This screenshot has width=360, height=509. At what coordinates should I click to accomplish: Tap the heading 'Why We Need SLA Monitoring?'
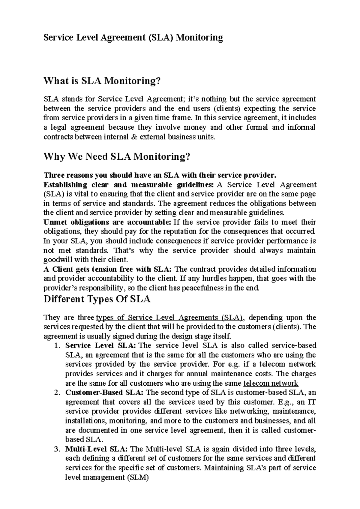[x=117, y=156]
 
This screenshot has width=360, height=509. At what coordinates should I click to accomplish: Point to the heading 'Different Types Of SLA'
[x=97, y=299]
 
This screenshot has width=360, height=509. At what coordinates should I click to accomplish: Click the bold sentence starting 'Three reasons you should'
[x=159, y=175]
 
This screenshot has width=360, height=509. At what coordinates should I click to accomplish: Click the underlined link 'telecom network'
[x=271, y=383]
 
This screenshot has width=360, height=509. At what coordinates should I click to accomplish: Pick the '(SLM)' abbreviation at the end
[x=138, y=477]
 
